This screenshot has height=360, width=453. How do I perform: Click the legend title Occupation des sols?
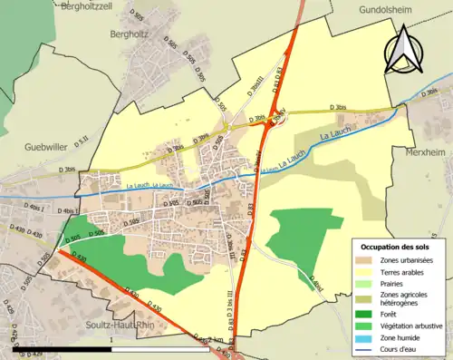click(396, 247)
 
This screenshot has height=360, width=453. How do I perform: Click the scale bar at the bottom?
click(109, 347)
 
